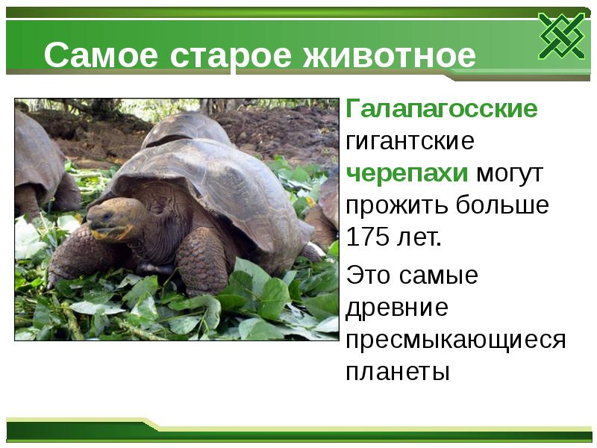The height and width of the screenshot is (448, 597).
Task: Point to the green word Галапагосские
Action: [441, 110]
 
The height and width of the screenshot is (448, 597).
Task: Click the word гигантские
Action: [410, 141]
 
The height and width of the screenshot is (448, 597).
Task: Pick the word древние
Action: [396, 308]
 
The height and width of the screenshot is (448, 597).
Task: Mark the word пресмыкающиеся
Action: [455, 340]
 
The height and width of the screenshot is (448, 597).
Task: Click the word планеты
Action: [398, 372]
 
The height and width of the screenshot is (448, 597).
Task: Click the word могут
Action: [510, 173]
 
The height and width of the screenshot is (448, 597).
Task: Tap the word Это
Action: [370, 276]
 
